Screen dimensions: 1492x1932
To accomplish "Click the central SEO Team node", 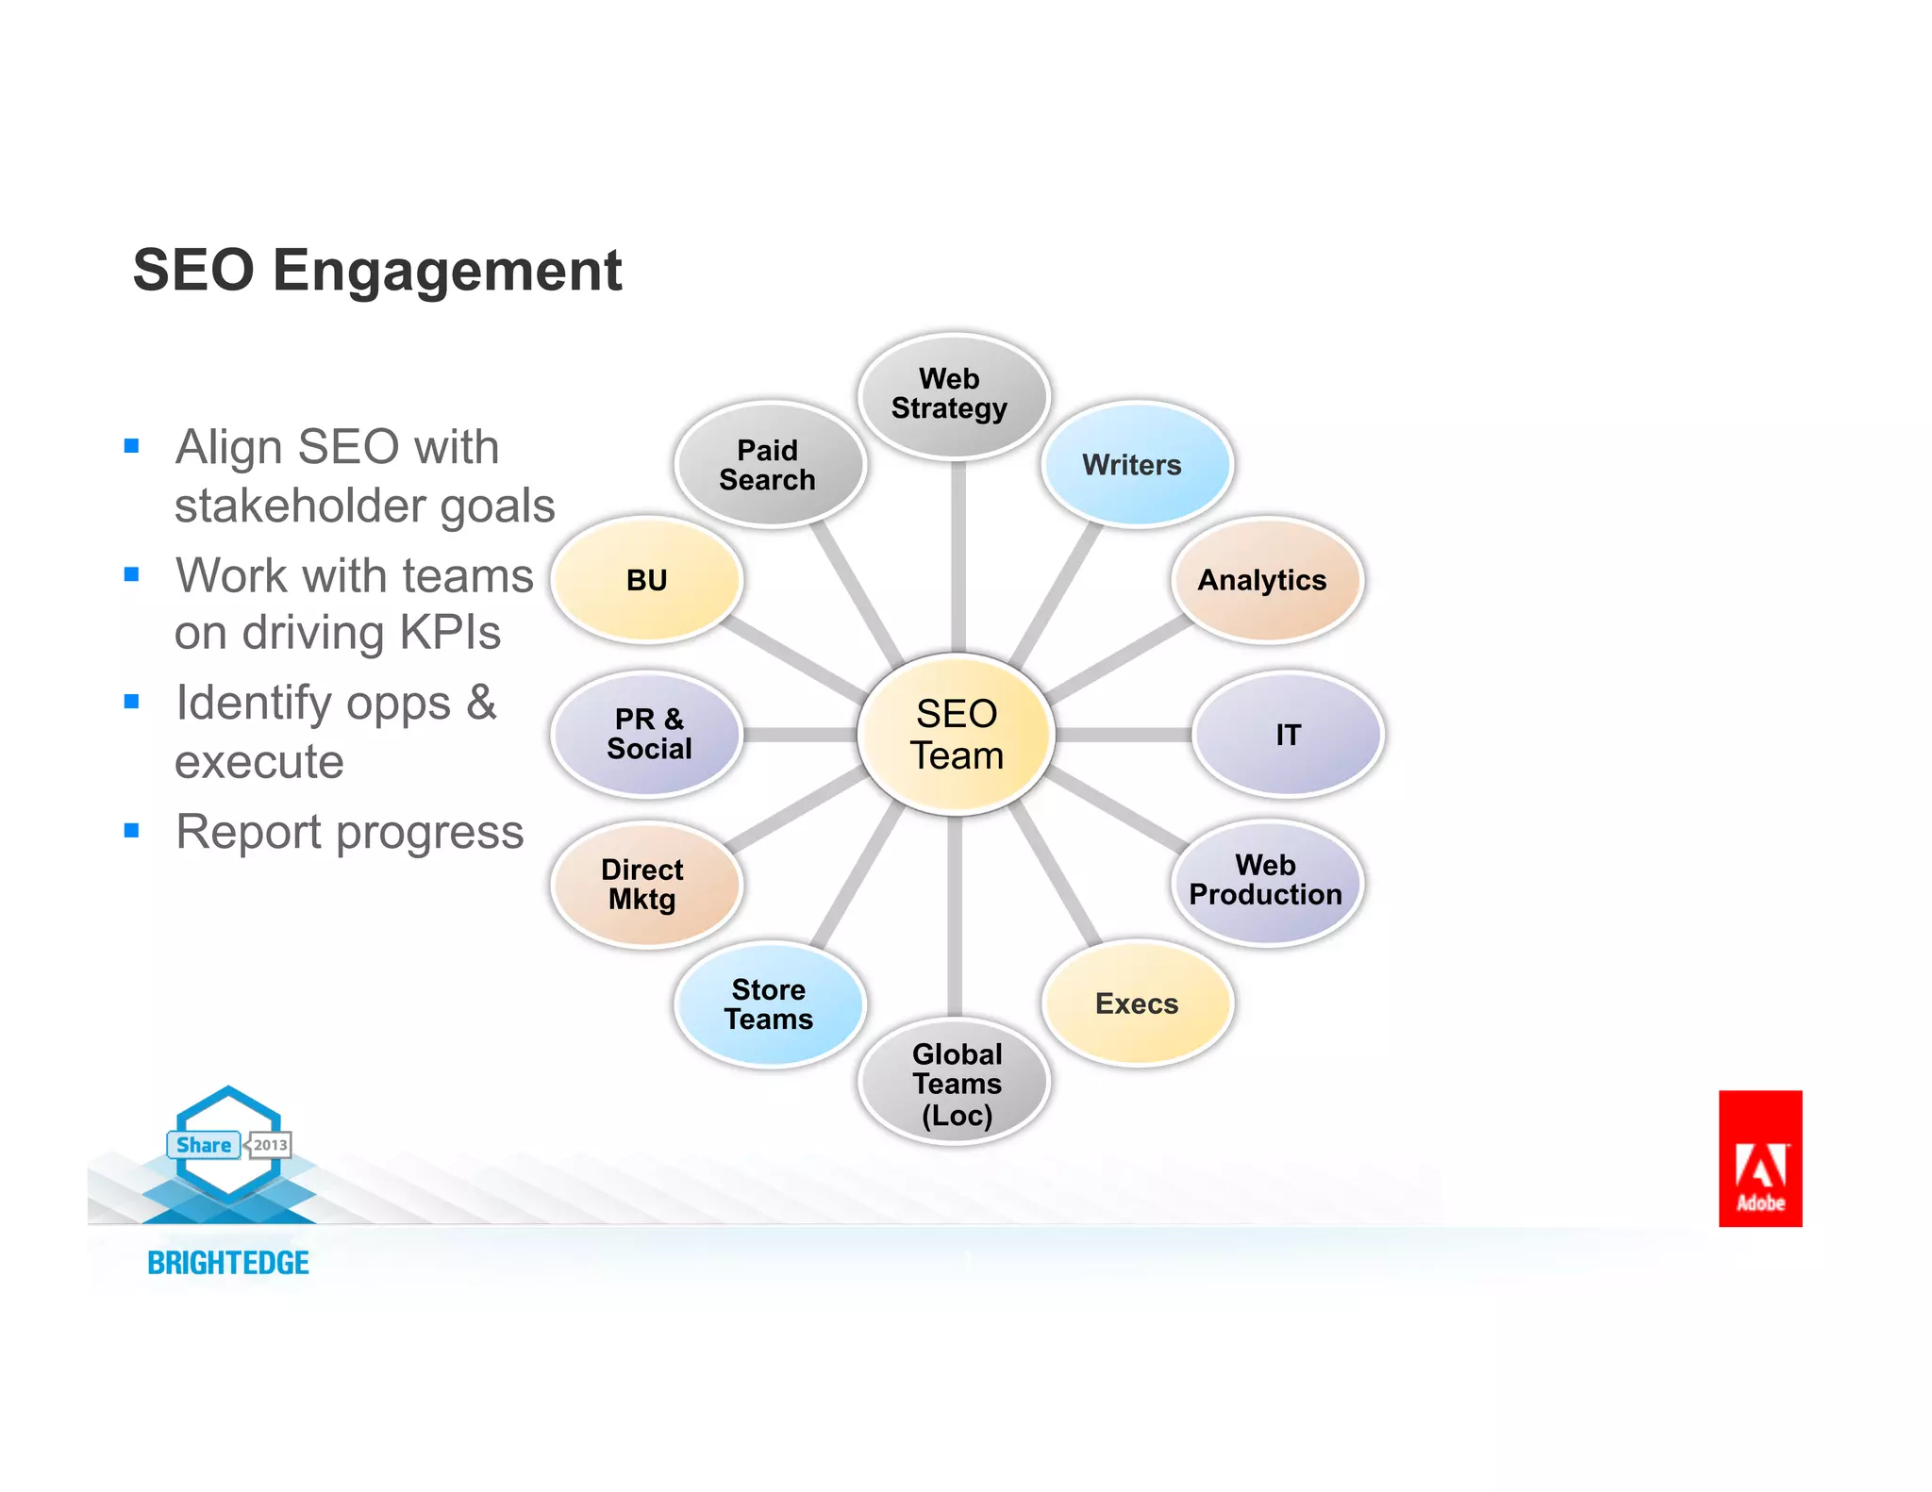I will [x=956, y=734].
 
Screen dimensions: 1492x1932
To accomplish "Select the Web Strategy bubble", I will [x=953, y=395].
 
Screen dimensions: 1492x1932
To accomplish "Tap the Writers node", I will [x=1135, y=464].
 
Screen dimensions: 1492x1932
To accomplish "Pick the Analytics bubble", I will [x=1265, y=580].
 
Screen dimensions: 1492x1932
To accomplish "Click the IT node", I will [x=1287, y=735].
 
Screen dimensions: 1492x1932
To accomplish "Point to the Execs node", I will [x=1137, y=1003].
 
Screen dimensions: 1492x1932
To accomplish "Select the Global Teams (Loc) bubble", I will [x=955, y=1083].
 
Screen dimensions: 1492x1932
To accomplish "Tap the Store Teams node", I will [x=769, y=1004].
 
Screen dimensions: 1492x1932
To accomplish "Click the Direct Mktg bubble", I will [x=645, y=885].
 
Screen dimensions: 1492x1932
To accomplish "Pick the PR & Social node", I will [x=648, y=734].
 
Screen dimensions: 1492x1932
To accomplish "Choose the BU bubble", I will [x=647, y=580].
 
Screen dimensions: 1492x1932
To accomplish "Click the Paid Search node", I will [x=769, y=464].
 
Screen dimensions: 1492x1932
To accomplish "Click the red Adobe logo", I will [x=1759, y=1158].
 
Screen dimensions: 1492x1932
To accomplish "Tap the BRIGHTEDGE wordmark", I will [x=228, y=1263].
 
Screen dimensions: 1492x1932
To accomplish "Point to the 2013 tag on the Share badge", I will [x=270, y=1145].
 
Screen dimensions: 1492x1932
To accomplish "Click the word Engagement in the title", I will [x=447, y=271].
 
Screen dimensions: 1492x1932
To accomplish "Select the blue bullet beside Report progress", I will [x=132, y=831].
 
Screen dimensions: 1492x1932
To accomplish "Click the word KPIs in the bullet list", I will [x=450, y=632].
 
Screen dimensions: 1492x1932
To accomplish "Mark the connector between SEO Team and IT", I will [x=1123, y=735].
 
